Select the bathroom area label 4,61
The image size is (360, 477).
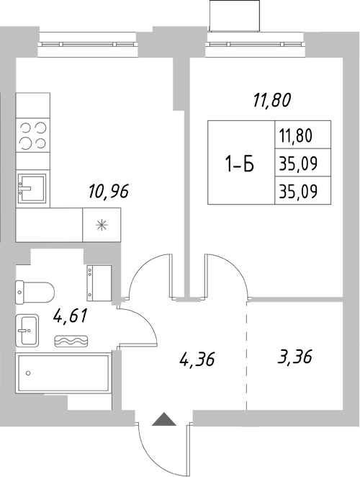pos(71,316)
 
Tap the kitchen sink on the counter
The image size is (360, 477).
pos(32,190)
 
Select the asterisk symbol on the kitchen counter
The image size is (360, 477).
pos(101,225)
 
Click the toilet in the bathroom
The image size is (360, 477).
pos(35,291)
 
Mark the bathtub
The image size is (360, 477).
pos(63,373)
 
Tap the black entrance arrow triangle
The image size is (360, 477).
pos(163,418)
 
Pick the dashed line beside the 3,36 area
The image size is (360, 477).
pos(246,353)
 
